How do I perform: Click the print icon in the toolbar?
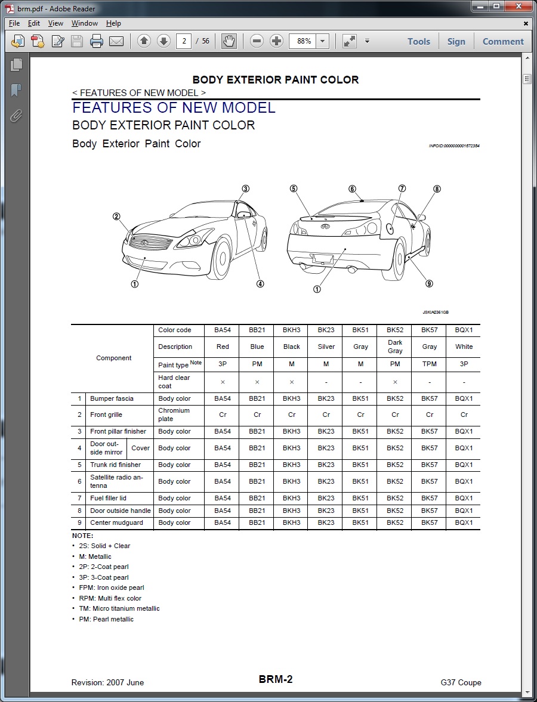tap(97, 41)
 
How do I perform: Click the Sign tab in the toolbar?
tap(456, 41)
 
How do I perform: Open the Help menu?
tap(113, 23)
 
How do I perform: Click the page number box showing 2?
tap(184, 41)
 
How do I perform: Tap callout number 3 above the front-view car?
tap(245, 189)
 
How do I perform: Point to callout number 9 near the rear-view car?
tap(429, 284)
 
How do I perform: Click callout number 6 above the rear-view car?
tap(353, 189)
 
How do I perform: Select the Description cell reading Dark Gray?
tap(395, 347)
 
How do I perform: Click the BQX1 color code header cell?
tap(464, 330)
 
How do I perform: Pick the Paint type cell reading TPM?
tap(429, 363)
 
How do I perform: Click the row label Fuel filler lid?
tap(108, 498)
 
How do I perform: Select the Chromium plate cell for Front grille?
tap(174, 415)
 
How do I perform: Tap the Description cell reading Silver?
tap(326, 347)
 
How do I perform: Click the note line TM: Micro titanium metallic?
tap(119, 608)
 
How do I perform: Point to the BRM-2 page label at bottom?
tap(276, 679)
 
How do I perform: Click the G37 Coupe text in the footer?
tap(461, 682)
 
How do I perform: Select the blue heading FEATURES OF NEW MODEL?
tap(174, 108)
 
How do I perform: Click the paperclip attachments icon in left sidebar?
tap(16, 116)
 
